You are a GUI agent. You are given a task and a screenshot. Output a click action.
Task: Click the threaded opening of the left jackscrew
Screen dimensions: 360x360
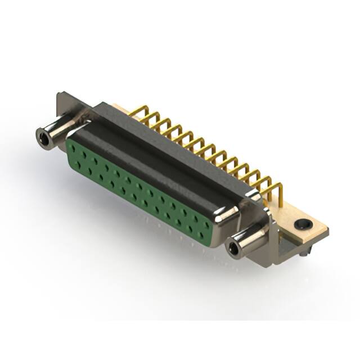(x=43, y=135)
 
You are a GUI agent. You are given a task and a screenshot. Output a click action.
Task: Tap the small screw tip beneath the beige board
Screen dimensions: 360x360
(x=303, y=256)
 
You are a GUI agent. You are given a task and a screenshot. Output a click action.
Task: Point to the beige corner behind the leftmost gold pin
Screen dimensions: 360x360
(x=119, y=107)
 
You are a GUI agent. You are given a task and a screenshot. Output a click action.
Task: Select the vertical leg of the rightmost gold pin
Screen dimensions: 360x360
(x=278, y=194)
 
